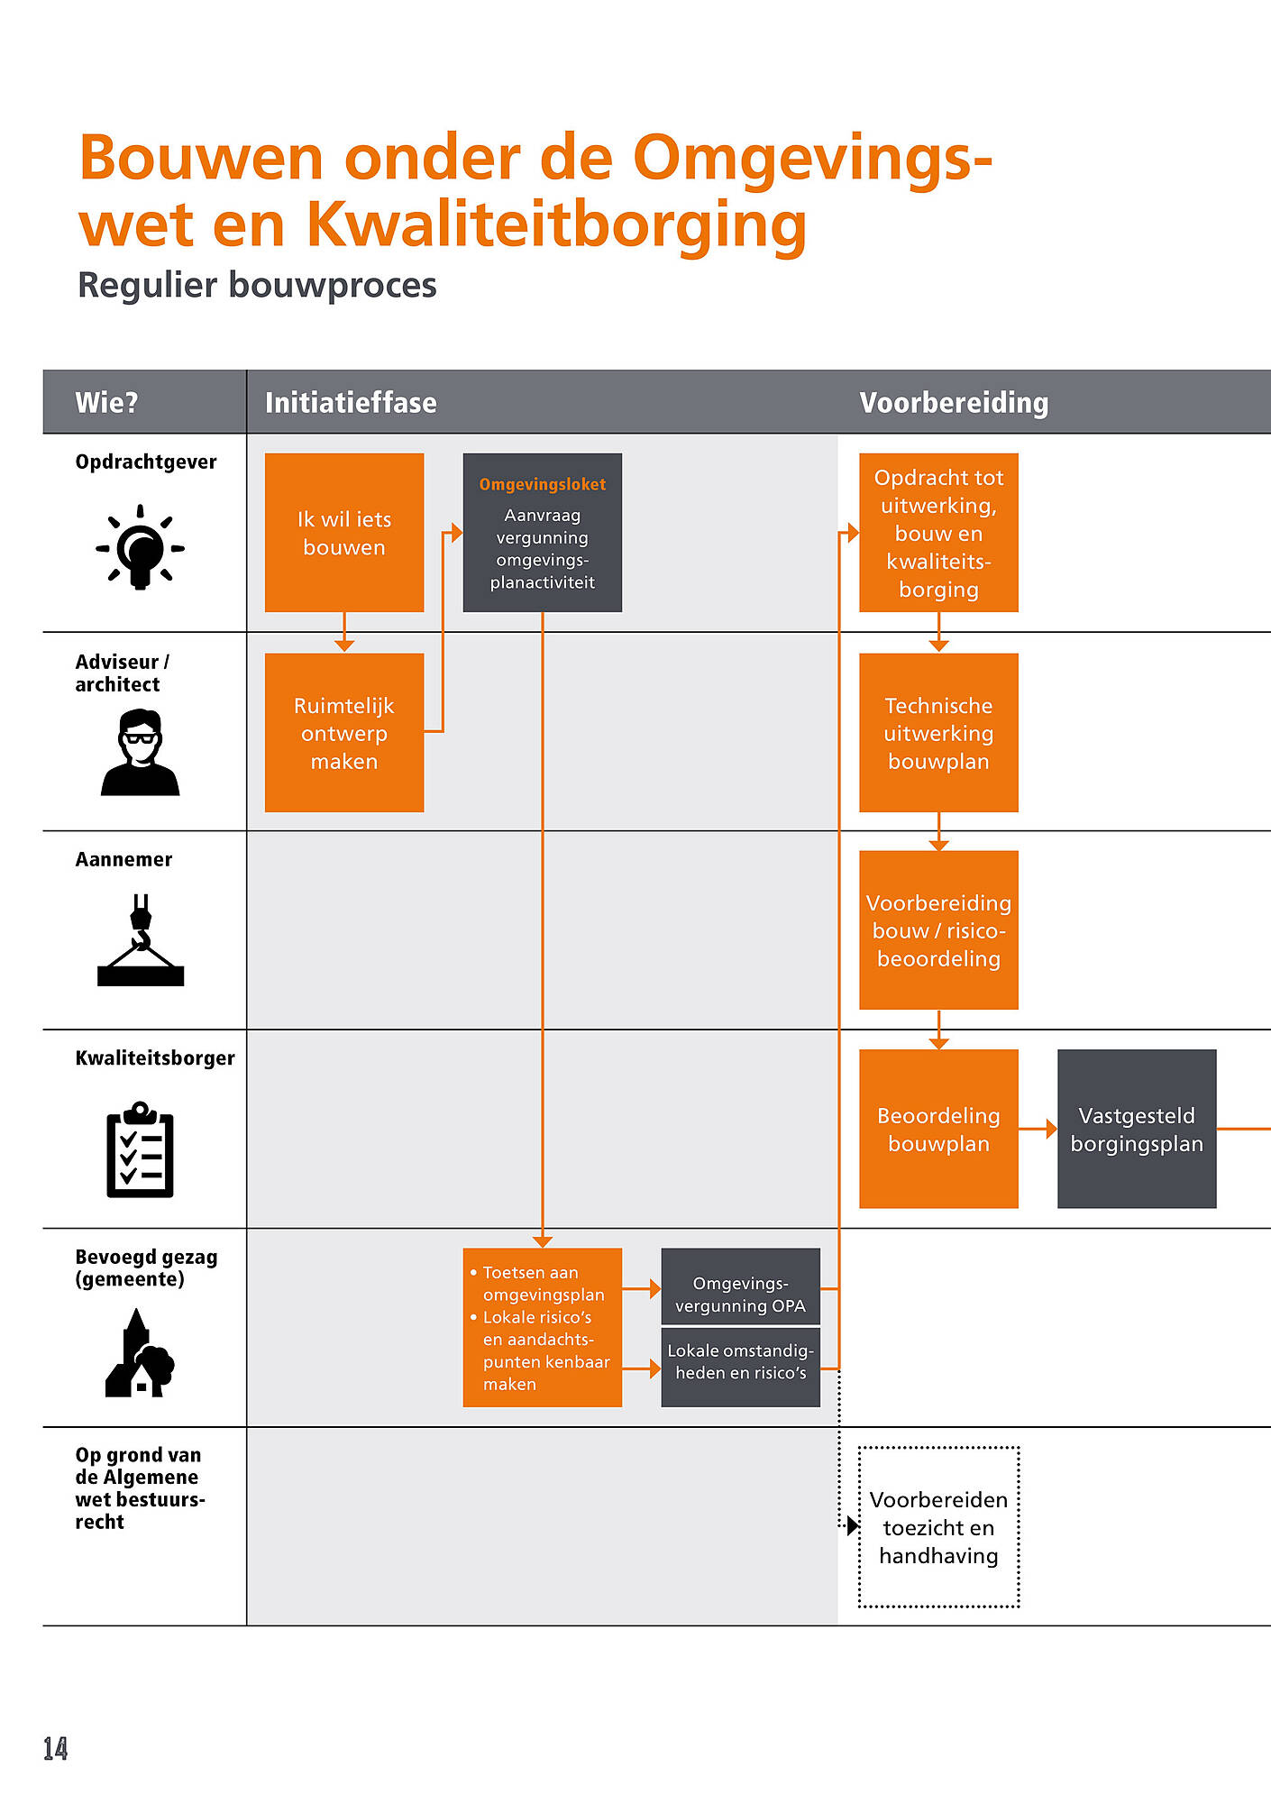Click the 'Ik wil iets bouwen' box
(x=344, y=533)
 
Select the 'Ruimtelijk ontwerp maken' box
(x=344, y=733)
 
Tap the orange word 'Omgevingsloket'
(x=543, y=484)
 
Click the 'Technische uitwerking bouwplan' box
(x=938, y=733)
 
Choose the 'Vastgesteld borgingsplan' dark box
(x=1137, y=1129)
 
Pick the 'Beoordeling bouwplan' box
(x=938, y=1129)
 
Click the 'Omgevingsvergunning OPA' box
(x=741, y=1286)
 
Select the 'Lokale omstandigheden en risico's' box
(x=741, y=1367)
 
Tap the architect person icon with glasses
(x=141, y=753)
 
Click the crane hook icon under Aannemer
(x=141, y=939)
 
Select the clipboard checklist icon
(x=141, y=1149)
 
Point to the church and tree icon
(x=140, y=1353)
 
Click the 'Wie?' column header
(x=106, y=402)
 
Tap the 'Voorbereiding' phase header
(x=954, y=402)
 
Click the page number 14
(x=56, y=1749)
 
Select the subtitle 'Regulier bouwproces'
(x=257, y=285)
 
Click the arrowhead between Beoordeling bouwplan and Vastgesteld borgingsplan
(x=1051, y=1129)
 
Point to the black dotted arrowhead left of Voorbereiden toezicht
(x=853, y=1525)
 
